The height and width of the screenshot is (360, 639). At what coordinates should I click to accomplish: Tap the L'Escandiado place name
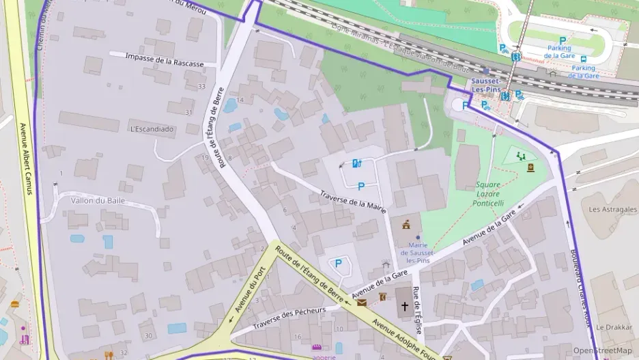(152, 128)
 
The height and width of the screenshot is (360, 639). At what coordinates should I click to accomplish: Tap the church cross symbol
(404, 307)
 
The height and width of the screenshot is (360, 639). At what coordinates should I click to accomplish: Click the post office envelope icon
(361, 302)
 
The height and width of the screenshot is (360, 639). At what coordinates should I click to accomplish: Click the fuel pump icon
(356, 163)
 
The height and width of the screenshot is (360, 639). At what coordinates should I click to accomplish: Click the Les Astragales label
(612, 209)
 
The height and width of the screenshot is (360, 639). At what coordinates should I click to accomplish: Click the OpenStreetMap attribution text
(602, 350)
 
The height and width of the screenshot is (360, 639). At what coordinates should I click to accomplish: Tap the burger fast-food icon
(14, 305)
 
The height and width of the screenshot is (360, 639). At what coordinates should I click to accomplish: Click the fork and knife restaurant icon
(109, 355)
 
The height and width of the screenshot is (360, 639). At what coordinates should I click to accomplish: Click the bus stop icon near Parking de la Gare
(584, 59)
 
